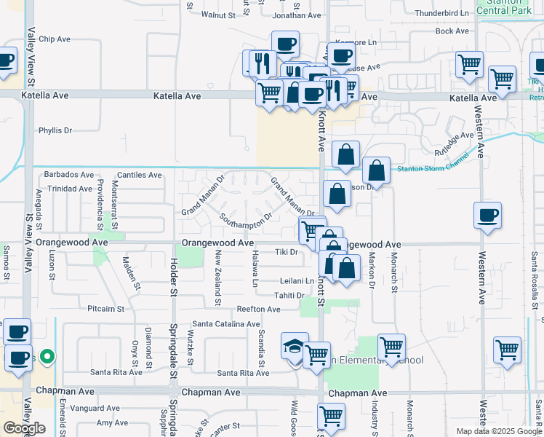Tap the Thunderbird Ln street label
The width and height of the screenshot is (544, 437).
[441, 13]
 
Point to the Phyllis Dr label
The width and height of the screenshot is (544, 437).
[56, 130]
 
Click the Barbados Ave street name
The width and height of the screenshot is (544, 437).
[69, 175]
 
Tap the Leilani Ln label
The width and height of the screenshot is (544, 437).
[297, 280]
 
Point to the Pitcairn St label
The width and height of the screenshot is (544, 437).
[106, 309]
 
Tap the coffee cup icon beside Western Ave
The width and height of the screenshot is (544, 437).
[487, 216]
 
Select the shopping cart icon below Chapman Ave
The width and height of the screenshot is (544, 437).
[331, 417]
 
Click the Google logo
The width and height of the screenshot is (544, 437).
[24, 428]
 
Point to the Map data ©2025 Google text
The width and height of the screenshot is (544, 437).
[498, 431]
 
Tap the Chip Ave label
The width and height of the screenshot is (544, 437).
[56, 39]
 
